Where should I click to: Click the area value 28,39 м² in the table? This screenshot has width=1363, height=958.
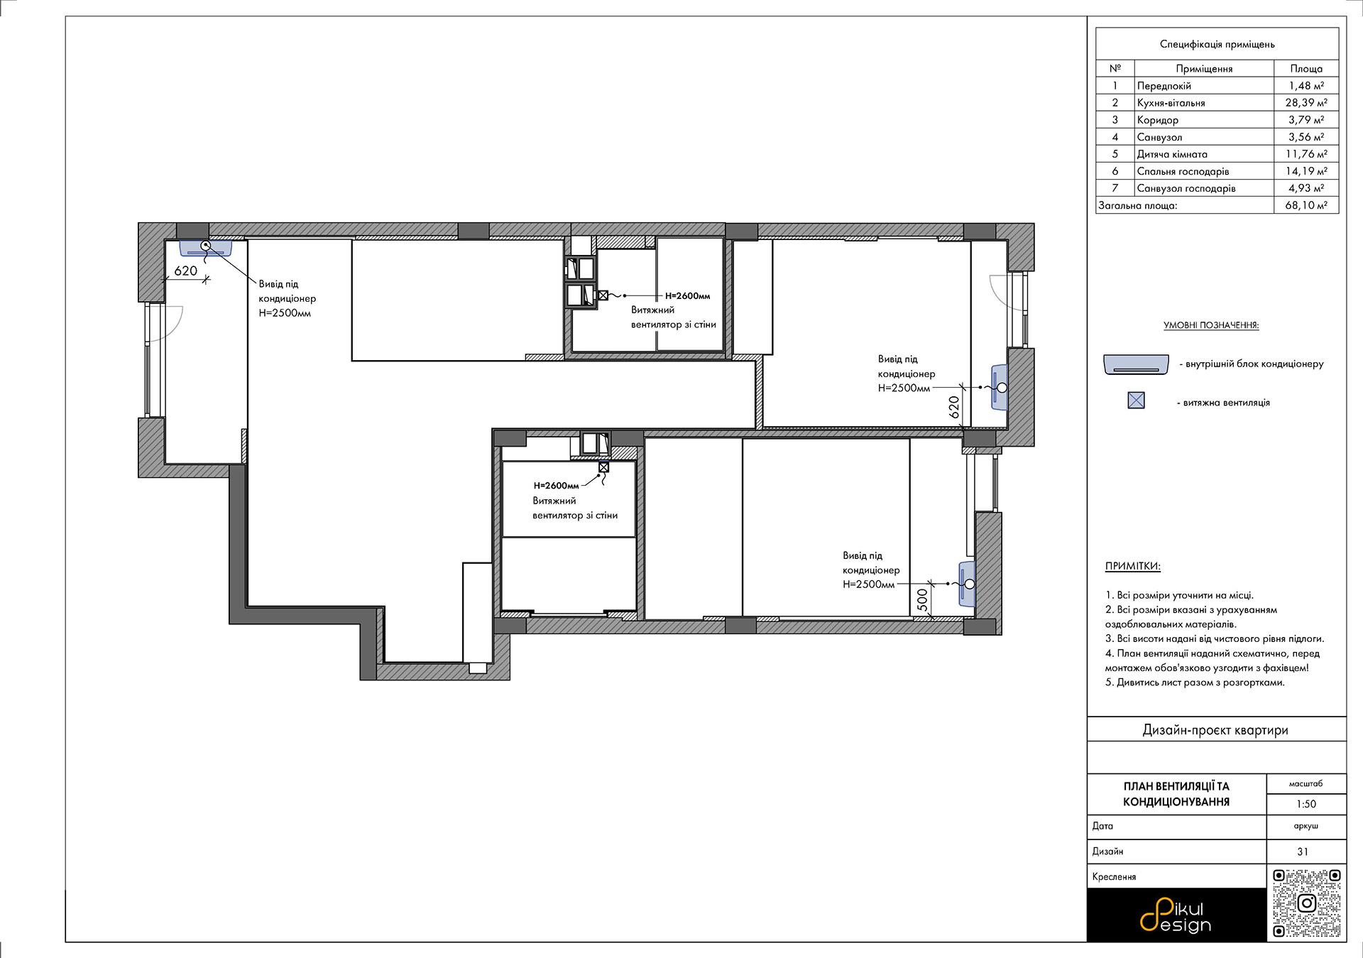(x=1306, y=103)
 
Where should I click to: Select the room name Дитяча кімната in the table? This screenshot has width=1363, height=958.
(x=1172, y=154)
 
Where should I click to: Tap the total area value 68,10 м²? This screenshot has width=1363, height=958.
(x=1306, y=205)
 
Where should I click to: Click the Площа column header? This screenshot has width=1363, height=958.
(x=1306, y=69)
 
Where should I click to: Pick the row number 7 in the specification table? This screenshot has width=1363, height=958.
(x=1115, y=188)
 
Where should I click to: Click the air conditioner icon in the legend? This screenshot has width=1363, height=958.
(x=1136, y=364)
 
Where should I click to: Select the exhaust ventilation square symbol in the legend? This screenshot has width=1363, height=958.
(x=1137, y=401)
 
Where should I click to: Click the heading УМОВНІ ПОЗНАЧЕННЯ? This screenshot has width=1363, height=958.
(x=1211, y=325)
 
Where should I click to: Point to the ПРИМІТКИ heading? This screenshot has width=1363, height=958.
(x=1133, y=567)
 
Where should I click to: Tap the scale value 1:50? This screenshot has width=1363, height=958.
(x=1306, y=804)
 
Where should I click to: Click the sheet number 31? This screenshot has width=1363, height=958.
(x=1303, y=851)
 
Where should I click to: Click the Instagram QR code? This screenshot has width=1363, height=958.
(x=1307, y=903)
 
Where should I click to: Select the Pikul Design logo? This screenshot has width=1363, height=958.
(x=1176, y=915)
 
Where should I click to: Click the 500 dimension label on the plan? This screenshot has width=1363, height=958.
(x=922, y=600)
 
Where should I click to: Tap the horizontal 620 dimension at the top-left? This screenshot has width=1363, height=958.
(x=186, y=271)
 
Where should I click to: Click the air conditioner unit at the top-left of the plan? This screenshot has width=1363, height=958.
(x=206, y=248)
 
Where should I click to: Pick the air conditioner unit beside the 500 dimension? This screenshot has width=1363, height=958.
(x=967, y=584)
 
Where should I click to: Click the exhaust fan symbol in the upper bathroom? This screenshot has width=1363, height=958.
(x=603, y=295)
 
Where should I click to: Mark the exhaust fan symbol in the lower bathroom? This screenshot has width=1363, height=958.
(x=603, y=467)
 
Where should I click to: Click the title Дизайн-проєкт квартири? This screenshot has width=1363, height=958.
(x=1215, y=730)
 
